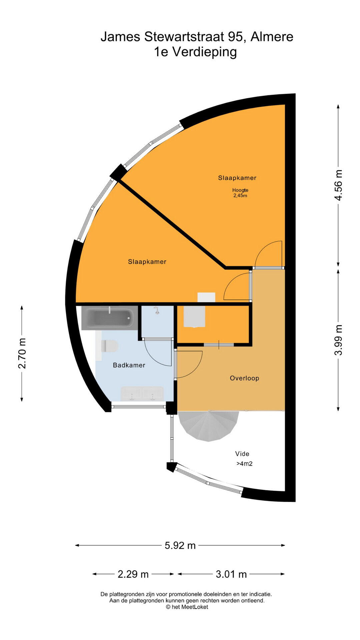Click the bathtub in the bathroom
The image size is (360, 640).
click(109, 318)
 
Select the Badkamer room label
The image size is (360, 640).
click(129, 365)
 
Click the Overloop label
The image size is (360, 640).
click(244, 378)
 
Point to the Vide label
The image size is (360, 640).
click(242, 454)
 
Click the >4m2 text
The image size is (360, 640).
click(244, 464)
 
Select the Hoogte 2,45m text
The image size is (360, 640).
click(240, 193)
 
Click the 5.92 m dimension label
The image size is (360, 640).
click(180, 546)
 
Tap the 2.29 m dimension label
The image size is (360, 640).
click(133, 574)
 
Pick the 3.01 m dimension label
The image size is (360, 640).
click(231, 574)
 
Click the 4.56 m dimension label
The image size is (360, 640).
click(338, 185)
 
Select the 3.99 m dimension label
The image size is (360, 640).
click(338, 340)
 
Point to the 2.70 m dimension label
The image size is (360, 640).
click(22, 353)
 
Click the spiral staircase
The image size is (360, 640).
click(208, 426)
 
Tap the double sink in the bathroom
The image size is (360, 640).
click(142, 394)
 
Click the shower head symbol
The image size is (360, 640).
click(156, 311)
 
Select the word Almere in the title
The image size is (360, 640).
click(272, 37)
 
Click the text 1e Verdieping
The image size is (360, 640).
click(195, 52)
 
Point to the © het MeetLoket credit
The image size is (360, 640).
click(187, 607)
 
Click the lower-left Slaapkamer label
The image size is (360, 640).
click(147, 262)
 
